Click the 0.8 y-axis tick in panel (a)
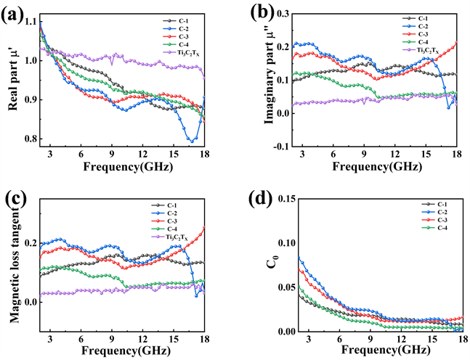pos(28,139)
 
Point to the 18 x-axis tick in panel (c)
pos(204,339)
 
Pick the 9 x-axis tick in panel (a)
pos(112,154)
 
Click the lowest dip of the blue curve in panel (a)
pos(192,140)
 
